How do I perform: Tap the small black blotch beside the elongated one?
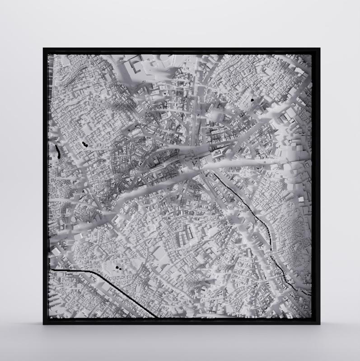click(x=84, y=144)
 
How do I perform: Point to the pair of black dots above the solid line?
click(x=118, y=268)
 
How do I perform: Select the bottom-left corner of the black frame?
click(x=44, y=324)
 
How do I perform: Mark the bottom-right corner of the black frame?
click(x=317, y=324)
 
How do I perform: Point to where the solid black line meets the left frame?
click(x=50, y=270)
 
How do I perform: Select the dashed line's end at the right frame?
click(x=311, y=294)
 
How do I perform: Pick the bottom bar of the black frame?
click(x=181, y=321)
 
